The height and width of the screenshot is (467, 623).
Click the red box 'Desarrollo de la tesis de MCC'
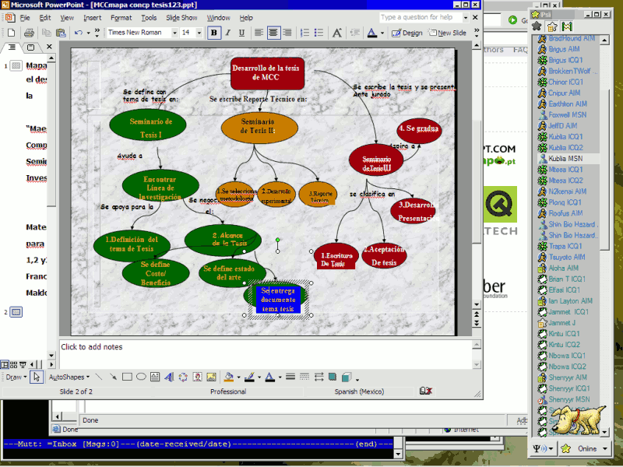coord(266,72)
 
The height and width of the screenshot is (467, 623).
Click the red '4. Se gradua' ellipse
coord(419,128)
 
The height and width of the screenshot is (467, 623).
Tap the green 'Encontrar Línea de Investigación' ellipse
coord(160,187)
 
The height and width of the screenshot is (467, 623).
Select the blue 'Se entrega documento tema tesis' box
coord(277,299)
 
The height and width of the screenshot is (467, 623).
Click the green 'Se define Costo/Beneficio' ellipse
coord(155,272)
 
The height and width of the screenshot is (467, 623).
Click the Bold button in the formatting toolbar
coord(214,33)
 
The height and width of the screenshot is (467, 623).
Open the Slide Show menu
coord(181,17)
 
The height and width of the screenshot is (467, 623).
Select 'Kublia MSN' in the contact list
coord(565,158)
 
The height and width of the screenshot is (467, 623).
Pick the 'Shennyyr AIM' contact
coord(567,377)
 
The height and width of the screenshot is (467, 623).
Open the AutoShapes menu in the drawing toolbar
coord(69,377)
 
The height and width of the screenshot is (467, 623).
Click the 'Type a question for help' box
coord(417,17)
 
